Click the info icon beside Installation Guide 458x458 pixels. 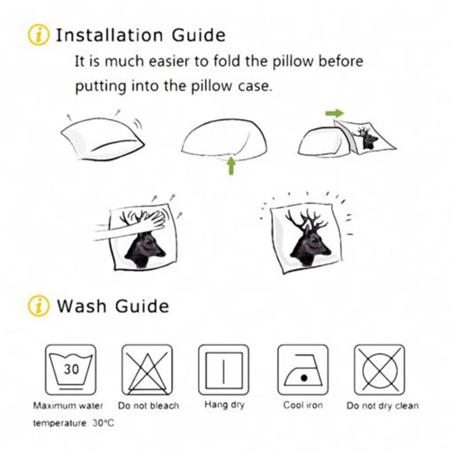38,35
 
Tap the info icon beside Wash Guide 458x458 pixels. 38,306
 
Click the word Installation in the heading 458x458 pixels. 109,35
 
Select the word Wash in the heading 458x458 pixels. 81,306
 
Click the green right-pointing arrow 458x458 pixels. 334,113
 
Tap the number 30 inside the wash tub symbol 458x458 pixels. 71,369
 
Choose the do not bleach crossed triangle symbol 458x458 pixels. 147,370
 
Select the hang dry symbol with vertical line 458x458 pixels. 224,370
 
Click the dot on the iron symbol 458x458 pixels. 304,378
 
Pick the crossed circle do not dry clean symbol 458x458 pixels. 380,370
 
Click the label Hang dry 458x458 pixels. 224,405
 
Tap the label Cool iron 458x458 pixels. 303,405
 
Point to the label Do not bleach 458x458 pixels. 148,405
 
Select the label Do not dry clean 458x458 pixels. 382,406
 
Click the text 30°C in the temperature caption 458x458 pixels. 103,423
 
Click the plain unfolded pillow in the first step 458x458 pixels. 102,138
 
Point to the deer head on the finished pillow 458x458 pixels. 308,240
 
